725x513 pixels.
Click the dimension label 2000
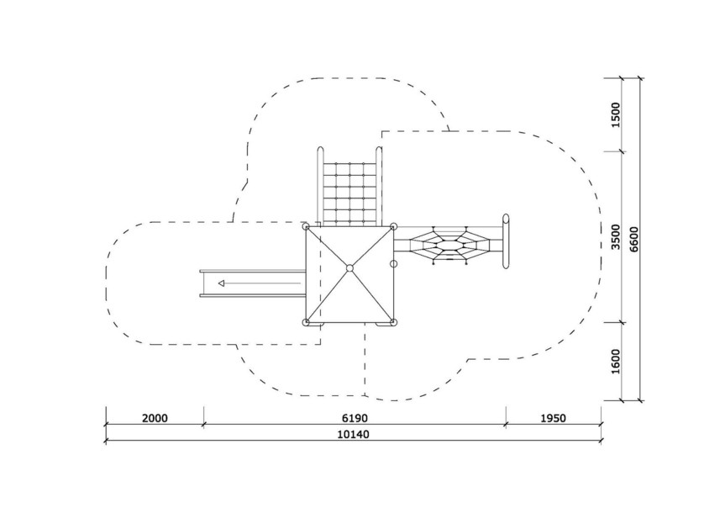[x=155, y=419]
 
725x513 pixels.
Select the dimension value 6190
[x=355, y=419]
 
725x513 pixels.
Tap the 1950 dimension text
[x=553, y=419]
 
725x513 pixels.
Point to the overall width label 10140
[x=354, y=435]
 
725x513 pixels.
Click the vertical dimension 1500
[x=616, y=115]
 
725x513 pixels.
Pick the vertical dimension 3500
[x=616, y=236]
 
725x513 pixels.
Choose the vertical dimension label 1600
[x=616, y=362]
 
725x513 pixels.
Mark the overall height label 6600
[x=634, y=239]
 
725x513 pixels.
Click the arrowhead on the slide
[x=222, y=283]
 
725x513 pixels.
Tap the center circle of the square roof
[x=349, y=268]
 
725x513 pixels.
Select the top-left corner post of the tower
[x=306, y=226]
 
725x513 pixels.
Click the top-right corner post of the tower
[x=393, y=226]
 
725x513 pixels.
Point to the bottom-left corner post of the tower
[x=306, y=322]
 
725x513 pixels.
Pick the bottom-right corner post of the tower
[x=393, y=322]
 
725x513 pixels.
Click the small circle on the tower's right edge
[x=394, y=264]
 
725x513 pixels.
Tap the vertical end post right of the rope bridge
[x=506, y=241]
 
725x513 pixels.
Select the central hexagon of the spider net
[x=447, y=245]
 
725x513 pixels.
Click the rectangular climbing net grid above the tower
[x=349, y=194]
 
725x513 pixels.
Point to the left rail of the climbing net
[x=320, y=186]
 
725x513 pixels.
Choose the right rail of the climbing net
[x=379, y=186]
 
